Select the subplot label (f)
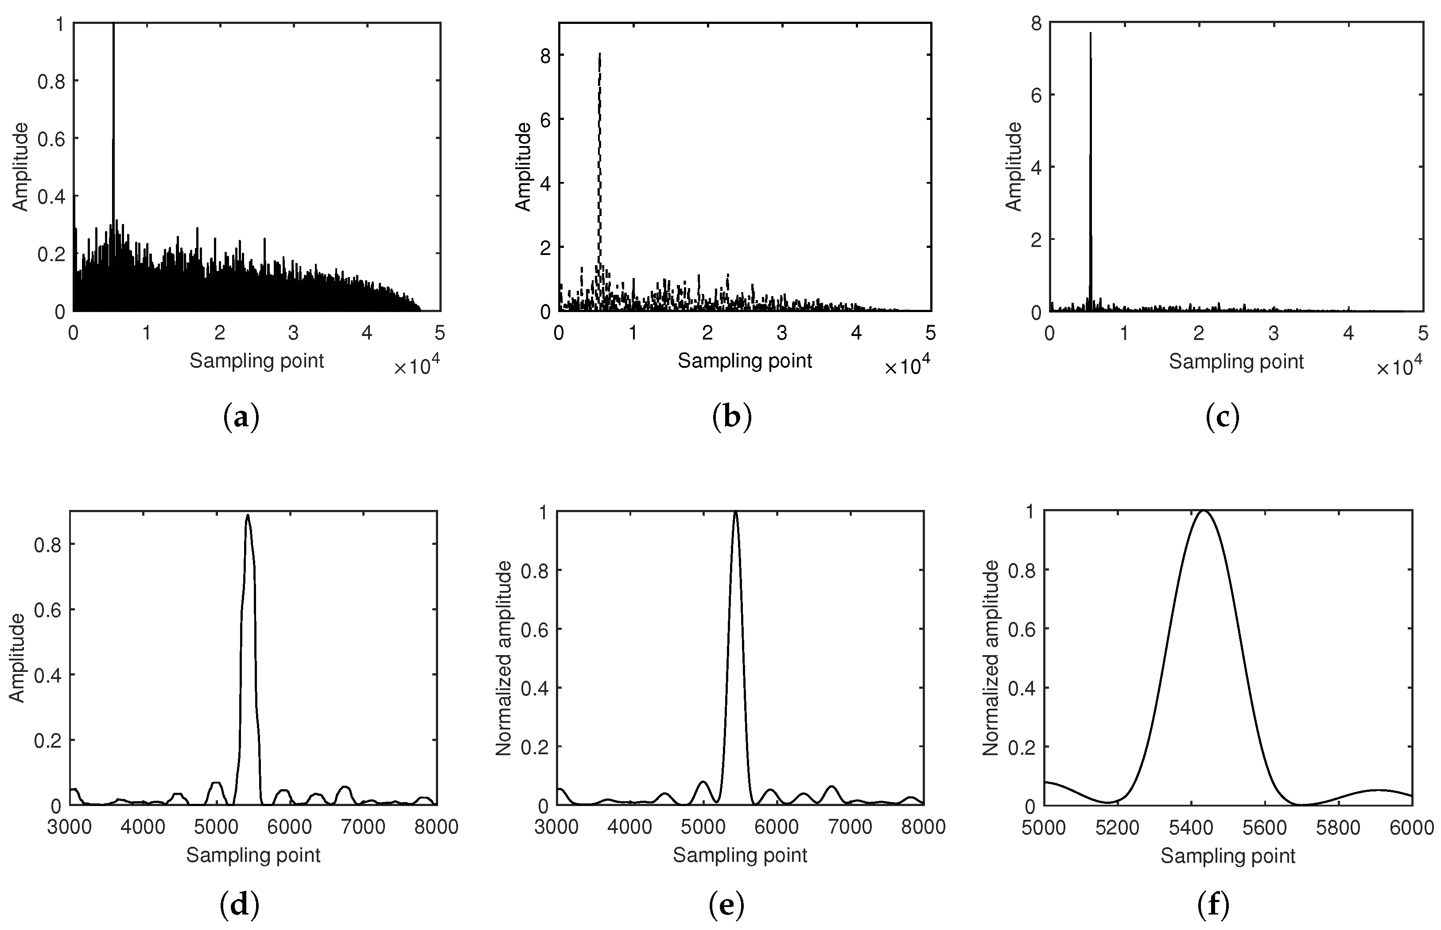click(1213, 906)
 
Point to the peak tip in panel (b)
click(599, 53)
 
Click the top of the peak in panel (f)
click(1204, 511)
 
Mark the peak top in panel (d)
click(248, 515)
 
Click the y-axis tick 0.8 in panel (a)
click(51, 81)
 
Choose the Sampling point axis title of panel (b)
click(744, 361)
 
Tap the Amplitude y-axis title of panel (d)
click(18, 658)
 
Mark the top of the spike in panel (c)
click(1091, 33)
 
